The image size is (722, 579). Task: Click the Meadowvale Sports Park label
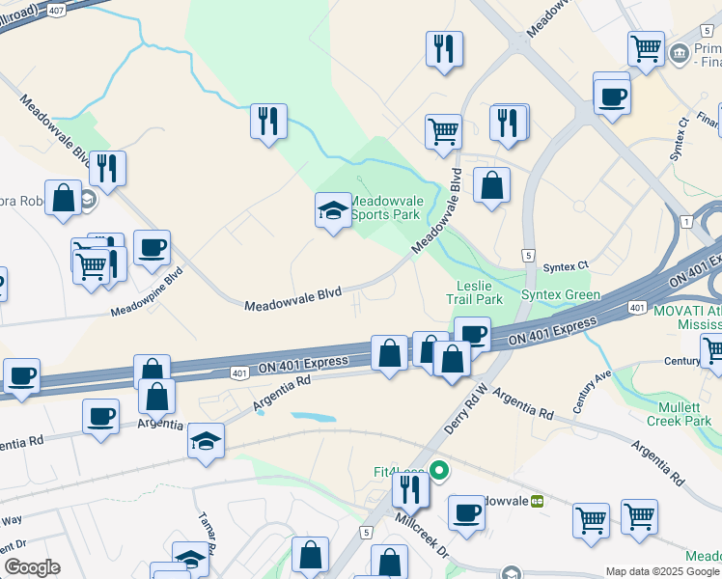point(385,207)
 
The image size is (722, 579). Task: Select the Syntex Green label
point(561,294)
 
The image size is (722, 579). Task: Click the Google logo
point(32,567)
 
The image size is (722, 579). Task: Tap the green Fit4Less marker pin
point(440,472)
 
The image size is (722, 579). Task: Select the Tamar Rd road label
point(205,528)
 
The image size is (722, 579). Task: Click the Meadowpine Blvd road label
point(147,291)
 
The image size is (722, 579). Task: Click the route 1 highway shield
point(686,222)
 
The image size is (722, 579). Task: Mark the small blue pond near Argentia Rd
point(313,418)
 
